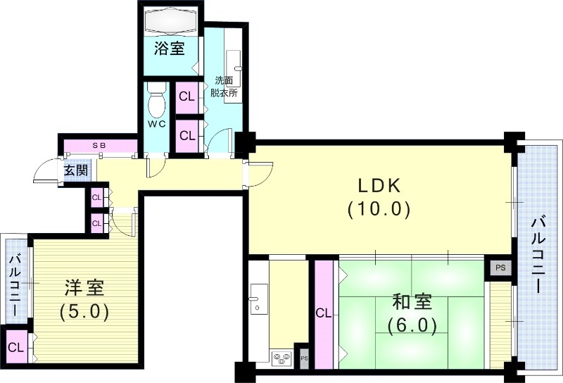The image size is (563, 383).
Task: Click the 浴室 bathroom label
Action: click(x=170, y=48)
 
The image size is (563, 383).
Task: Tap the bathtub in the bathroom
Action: click(x=170, y=20)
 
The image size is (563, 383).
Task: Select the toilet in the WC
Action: click(x=156, y=99)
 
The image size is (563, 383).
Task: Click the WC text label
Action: click(x=157, y=124)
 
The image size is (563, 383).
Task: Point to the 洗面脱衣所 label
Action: click(x=224, y=87)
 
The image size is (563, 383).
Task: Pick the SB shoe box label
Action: click(x=99, y=146)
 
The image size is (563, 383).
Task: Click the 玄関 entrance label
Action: click(x=76, y=170)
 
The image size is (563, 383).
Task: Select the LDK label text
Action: click(x=379, y=186)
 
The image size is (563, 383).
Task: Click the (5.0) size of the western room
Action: click(x=84, y=311)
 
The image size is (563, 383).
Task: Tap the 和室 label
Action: click(x=412, y=302)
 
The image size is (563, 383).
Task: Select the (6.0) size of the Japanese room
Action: click(x=412, y=325)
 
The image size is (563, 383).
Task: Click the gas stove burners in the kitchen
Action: click(x=281, y=358)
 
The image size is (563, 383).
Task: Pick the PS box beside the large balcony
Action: click(x=500, y=268)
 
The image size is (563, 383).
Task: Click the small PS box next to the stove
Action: click(x=304, y=358)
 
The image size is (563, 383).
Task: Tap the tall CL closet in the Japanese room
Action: click(x=324, y=314)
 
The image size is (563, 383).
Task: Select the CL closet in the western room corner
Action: click(x=16, y=347)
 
